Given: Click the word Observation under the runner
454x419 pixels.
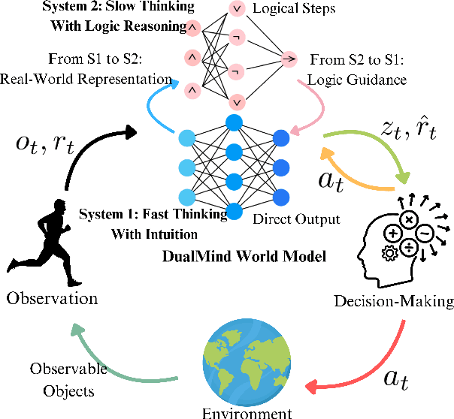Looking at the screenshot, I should pyautogui.click(x=52, y=298).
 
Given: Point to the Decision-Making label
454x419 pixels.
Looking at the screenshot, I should pyautogui.click(x=394, y=302).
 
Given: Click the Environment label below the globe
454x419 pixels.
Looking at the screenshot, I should pyautogui.click(x=247, y=412).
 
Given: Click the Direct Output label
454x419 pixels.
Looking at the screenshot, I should pyautogui.click(x=296, y=220).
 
